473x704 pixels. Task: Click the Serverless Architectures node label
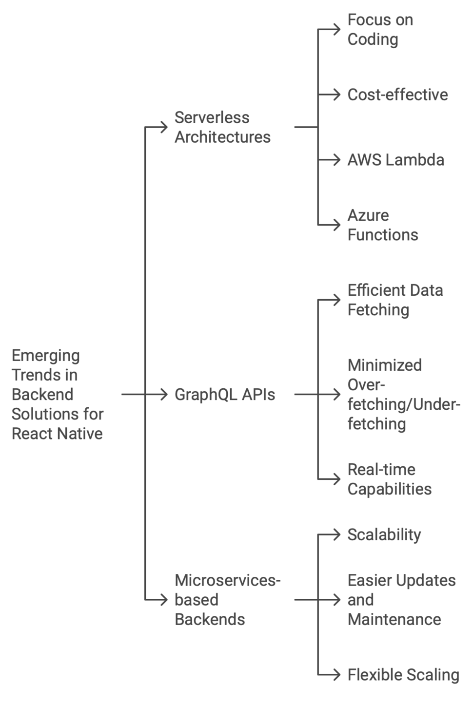pos(222,127)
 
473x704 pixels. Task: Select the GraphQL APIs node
pos(224,394)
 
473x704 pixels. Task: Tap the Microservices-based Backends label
pos(227,600)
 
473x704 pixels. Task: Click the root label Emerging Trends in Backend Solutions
pos(57,394)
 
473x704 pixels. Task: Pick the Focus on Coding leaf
pos(380,30)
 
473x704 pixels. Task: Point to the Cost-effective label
pos(397,95)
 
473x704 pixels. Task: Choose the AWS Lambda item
pos(395,160)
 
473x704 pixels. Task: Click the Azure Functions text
pos(382,225)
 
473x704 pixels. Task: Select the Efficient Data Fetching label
pos(395,300)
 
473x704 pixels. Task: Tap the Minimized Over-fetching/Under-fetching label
pos(403,394)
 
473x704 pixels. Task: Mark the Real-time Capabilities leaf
pos(389,479)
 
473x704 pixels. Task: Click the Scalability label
pos(384,534)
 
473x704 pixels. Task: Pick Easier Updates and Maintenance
pos(401,600)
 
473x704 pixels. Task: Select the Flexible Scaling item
pos(403,675)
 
